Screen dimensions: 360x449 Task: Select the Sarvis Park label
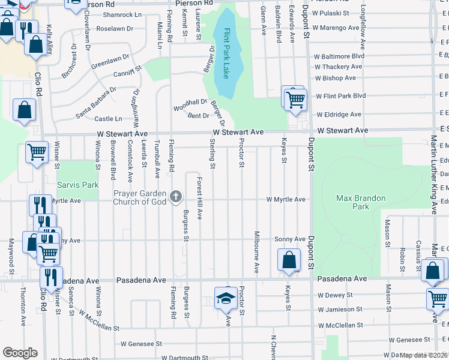pyautogui.click(x=77, y=185)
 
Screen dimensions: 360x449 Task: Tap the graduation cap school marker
pyautogui.click(x=225, y=298)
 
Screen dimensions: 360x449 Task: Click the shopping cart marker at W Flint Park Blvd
pyautogui.click(x=295, y=100)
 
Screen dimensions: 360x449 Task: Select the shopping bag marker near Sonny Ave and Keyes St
pyautogui.click(x=289, y=260)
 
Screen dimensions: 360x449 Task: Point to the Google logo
pyautogui.click(x=20, y=353)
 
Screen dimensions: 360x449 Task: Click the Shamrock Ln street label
pyautogui.click(x=122, y=14)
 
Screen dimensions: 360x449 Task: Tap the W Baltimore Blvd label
pyautogui.click(x=339, y=56)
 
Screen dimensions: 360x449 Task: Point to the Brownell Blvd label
pyautogui.click(x=113, y=161)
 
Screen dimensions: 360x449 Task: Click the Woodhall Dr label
pyautogui.click(x=190, y=104)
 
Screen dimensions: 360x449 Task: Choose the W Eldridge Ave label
pyautogui.click(x=339, y=114)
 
